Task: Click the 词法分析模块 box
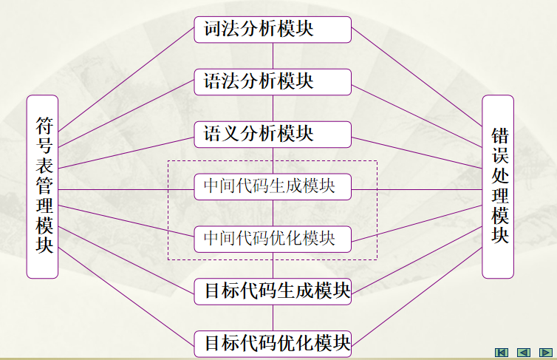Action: (273, 29)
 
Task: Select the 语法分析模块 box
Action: (273, 81)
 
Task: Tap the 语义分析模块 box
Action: (273, 134)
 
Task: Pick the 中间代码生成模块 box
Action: (273, 186)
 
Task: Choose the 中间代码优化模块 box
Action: (273, 239)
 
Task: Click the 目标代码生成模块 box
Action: (273, 291)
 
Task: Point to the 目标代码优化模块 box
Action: (273, 343)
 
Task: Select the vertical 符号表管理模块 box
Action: (42, 186)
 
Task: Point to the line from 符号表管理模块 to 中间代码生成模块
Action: (126, 189)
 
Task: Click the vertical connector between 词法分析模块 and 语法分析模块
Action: (273, 55)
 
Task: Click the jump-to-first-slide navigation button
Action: (502, 352)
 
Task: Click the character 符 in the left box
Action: (42, 125)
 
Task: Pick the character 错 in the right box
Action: (500, 137)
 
